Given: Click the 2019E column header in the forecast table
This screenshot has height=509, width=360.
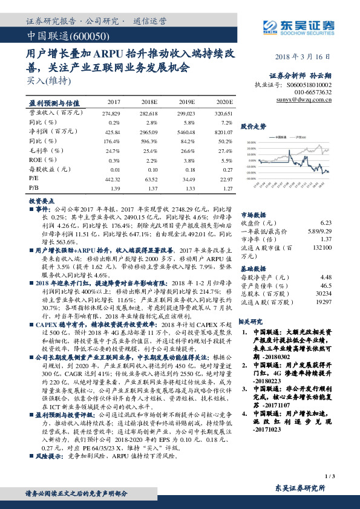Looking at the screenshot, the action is [x=186, y=103].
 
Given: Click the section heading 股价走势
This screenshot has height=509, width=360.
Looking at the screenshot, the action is [x=254, y=126].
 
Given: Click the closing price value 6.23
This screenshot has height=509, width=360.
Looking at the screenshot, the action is [x=326, y=222].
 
